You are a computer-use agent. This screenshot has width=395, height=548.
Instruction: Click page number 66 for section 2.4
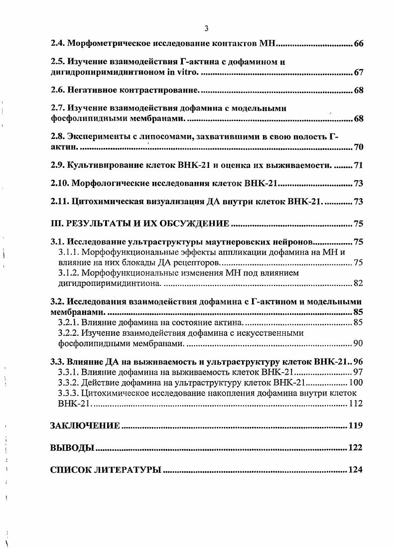coord(358,45)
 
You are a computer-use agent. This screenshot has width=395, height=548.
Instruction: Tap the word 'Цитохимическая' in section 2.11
coord(105,202)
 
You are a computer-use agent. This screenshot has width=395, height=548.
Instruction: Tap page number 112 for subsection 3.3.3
coord(355,404)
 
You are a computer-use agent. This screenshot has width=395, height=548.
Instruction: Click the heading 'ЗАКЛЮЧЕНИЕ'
coord(85,426)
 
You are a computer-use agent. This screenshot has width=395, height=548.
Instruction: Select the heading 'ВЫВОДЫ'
coord(72,448)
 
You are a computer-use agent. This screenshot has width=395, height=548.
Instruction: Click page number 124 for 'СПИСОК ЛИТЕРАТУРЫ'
coord(356,470)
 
